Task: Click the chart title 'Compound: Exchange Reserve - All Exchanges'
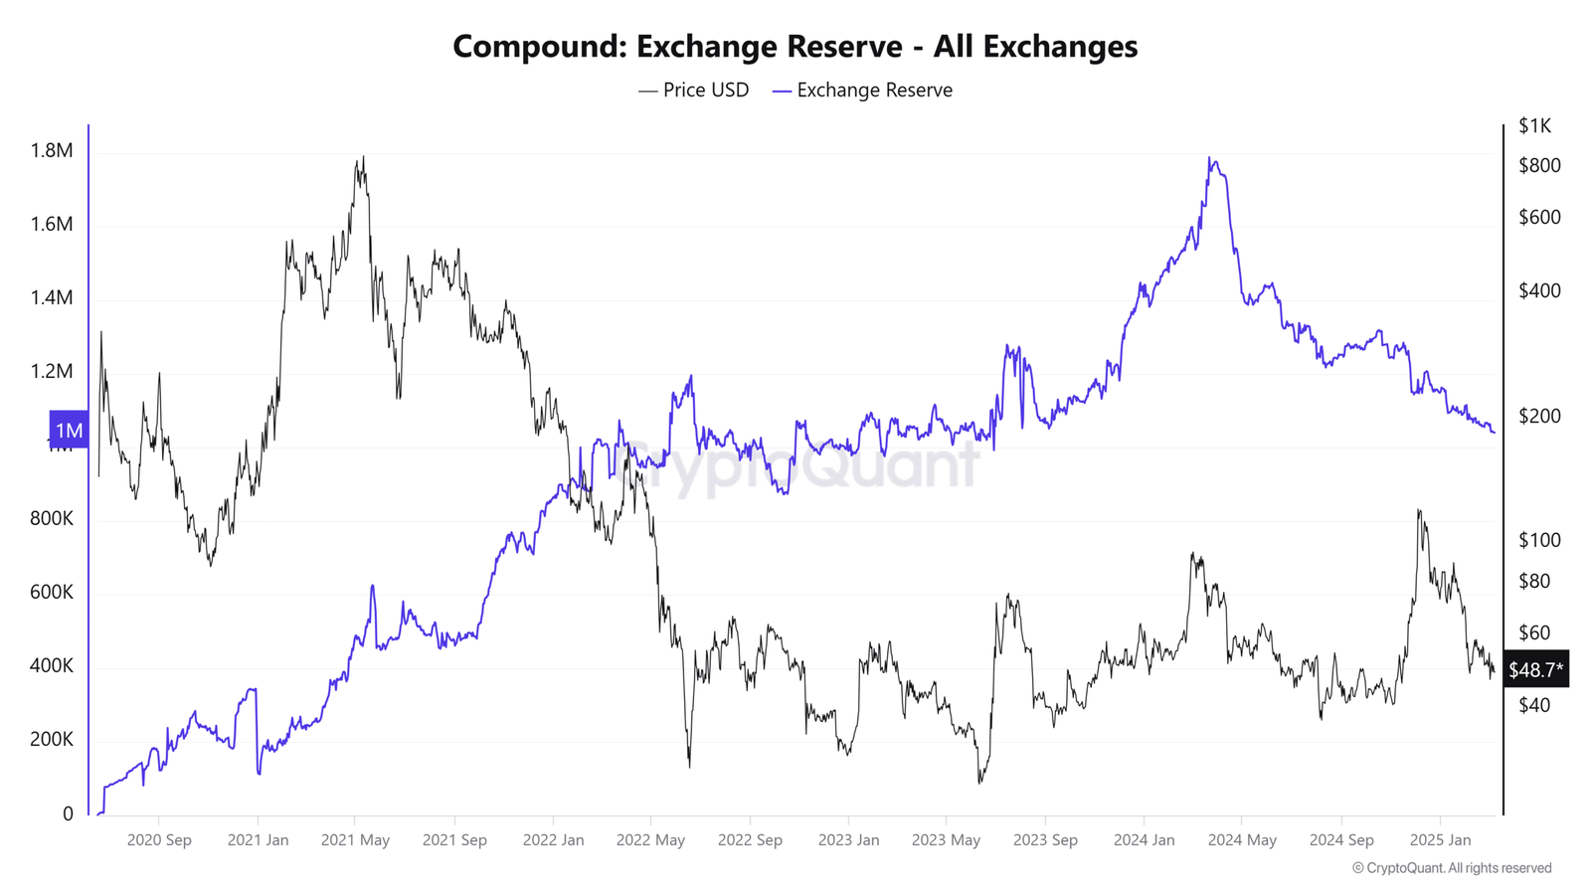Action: (x=795, y=46)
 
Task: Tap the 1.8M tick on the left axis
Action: (x=52, y=150)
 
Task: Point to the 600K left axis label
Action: (x=52, y=592)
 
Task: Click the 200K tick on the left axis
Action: (x=52, y=739)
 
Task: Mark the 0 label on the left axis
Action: (x=68, y=813)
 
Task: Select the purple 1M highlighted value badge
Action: (x=69, y=430)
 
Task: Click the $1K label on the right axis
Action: (x=1534, y=125)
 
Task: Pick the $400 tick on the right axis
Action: (x=1539, y=290)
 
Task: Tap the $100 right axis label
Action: (x=1539, y=540)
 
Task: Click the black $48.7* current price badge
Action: (x=1535, y=670)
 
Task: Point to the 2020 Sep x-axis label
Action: (x=159, y=840)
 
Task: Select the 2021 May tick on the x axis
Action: (x=355, y=840)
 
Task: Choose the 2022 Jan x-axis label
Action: (x=553, y=840)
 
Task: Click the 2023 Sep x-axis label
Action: (x=1045, y=840)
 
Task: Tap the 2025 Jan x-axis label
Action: (x=1440, y=840)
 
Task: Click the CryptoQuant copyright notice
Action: (x=1451, y=868)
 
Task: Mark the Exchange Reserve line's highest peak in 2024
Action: (x=1209, y=158)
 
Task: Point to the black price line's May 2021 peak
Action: (x=363, y=157)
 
